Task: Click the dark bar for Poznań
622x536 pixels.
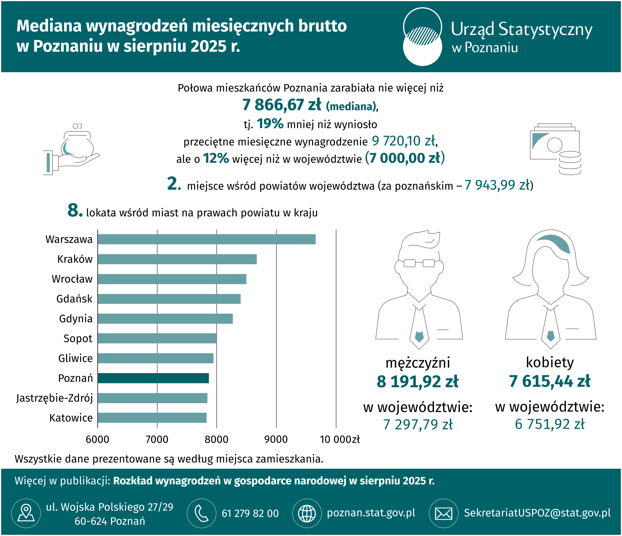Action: [153, 378]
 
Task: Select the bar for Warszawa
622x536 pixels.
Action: [207, 239]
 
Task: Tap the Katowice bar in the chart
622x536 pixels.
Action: [152, 418]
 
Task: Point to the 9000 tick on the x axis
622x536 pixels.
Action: [276, 439]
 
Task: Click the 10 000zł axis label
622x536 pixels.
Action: [340, 439]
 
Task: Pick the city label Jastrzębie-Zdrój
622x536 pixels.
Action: [55, 398]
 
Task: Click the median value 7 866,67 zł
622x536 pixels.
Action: [282, 105]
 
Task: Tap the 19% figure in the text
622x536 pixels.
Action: [270, 124]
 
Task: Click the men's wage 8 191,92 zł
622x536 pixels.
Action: [417, 381]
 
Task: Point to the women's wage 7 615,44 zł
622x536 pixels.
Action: [549, 381]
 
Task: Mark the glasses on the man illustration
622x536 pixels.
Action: [419, 263]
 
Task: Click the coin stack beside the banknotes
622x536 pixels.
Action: [570, 163]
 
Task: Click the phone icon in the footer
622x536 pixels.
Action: [201, 513]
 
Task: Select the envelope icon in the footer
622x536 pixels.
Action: [443, 513]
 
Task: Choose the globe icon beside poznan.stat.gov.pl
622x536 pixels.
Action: [307, 513]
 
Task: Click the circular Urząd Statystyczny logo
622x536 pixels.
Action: [422, 37]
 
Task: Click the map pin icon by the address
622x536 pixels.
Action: [26, 513]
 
